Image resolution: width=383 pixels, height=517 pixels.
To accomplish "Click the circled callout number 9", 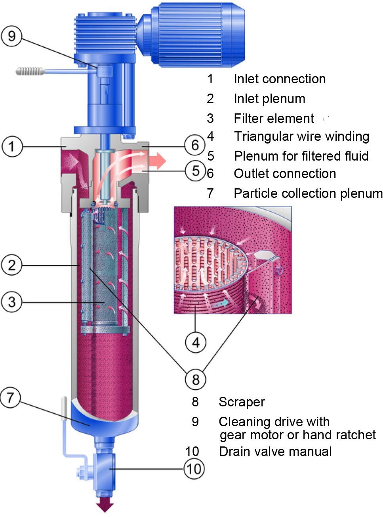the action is click(11, 36).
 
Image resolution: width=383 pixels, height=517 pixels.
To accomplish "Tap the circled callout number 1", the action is click(12, 146).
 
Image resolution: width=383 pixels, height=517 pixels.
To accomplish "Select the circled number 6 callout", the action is click(195, 145).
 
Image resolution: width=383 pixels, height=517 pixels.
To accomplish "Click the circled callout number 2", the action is click(11, 265).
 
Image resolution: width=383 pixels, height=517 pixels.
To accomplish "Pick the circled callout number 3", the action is click(11, 302).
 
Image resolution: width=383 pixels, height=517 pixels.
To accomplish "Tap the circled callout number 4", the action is click(196, 343).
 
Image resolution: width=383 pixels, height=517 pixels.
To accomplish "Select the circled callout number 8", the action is click(196, 379).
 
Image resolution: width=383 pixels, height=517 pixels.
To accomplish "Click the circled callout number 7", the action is click(10, 397).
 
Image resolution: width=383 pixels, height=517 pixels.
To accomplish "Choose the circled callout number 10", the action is click(194, 469).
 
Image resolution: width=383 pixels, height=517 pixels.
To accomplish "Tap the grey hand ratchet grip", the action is click(30, 71).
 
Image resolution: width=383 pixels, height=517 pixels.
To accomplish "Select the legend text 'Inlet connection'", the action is click(280, 79).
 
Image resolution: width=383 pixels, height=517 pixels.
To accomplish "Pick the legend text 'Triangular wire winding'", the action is click(302, 136).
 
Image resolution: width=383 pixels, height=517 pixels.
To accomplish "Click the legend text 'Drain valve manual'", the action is click(275, 451).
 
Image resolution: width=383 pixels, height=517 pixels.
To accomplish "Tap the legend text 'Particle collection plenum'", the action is click(308, 193).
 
